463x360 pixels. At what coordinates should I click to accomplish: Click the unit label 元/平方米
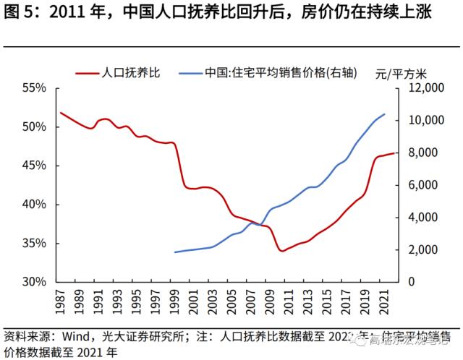402,73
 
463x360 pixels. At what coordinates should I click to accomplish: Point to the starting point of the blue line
174,252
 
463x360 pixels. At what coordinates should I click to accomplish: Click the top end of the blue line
384,114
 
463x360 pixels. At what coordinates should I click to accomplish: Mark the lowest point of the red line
281,251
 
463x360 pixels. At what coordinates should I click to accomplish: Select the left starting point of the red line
60,112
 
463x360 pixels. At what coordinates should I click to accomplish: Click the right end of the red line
394,153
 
